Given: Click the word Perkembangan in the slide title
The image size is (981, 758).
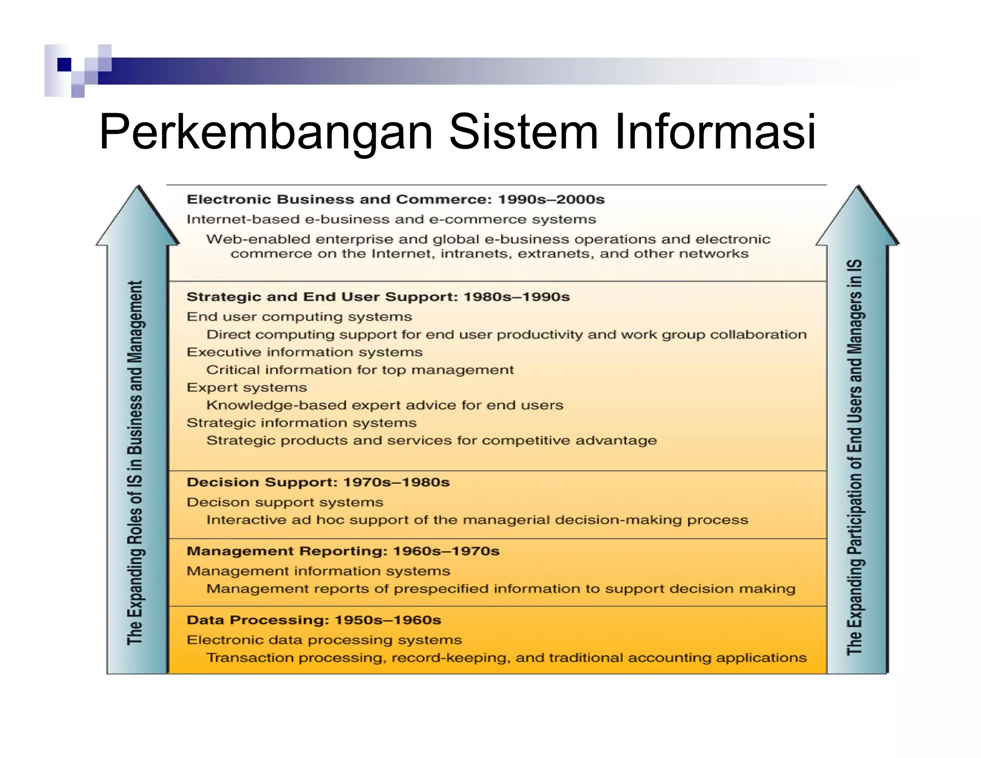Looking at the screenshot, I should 266,132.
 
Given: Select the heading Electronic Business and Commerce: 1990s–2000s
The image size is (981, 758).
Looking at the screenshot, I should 395,199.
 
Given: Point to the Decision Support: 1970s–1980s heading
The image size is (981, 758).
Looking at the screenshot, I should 318,482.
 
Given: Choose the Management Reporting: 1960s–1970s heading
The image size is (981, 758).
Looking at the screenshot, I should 343,551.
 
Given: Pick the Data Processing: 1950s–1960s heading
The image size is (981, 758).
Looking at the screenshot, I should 314,620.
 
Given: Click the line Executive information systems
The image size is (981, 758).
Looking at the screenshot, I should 305,352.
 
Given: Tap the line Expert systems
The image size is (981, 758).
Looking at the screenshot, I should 247,388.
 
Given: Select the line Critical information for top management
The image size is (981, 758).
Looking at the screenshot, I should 360,370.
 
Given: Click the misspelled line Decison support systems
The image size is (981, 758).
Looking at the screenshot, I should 285,502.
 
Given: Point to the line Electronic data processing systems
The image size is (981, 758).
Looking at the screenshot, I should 324,640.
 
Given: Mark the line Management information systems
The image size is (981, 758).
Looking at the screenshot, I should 319,571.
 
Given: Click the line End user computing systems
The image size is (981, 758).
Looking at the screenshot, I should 299,317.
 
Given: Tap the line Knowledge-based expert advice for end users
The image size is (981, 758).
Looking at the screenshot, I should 385,405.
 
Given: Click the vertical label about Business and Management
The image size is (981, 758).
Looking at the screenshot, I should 135,462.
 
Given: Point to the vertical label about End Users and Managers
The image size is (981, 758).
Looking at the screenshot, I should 855,458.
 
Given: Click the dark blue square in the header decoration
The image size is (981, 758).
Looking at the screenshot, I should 64,65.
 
